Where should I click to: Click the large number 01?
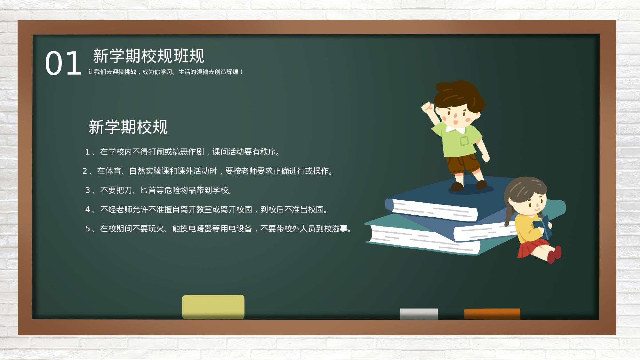point(63,64)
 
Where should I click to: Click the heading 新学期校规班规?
point(148,56)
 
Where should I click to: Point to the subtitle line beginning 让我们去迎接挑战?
point(165,72)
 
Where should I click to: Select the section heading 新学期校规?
point(128,127)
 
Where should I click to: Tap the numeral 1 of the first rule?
point(87,152)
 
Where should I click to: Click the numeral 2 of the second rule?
point(85,171)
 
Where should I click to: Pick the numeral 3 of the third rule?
point(87,190)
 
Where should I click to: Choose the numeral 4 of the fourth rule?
point(87,210)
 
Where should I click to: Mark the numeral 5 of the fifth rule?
point(87,229)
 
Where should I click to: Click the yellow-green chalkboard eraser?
point(213,307)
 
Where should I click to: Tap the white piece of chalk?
point(419,314)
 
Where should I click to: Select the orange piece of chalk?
point(492,314)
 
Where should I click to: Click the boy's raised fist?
point(427,108)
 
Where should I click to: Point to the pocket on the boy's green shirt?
point(464,141)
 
